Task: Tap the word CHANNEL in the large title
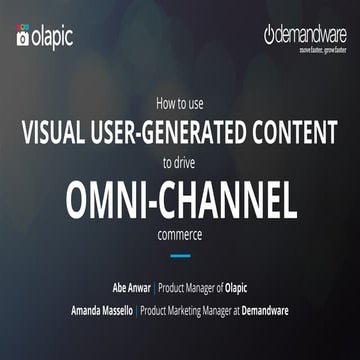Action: (231, 200)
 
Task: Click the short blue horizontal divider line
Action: (180, 256)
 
